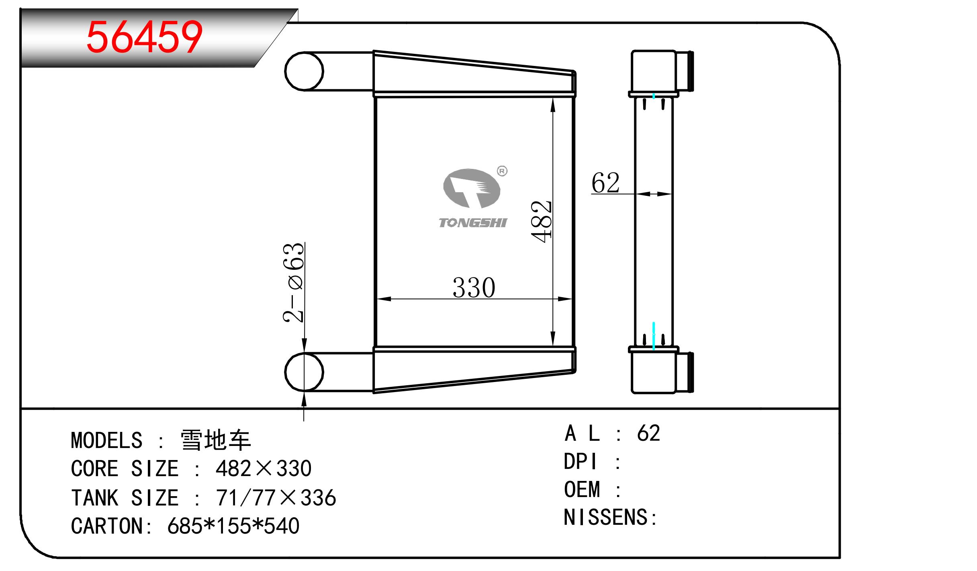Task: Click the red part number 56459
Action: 144,37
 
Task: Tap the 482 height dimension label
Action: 542,222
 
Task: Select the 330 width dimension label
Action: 474,288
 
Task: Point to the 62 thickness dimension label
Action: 605,183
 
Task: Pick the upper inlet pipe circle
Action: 304,71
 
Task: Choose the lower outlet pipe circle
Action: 304,372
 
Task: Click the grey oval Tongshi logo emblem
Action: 472,188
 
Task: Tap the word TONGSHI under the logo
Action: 473,223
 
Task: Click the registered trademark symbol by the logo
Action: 502,171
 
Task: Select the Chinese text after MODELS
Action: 216,440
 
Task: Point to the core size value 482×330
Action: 264,468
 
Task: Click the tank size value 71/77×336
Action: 276,497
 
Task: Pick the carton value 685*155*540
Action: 233,526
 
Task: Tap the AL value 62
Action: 648,433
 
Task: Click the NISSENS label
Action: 609,517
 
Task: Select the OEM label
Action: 582,489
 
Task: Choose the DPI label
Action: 580,461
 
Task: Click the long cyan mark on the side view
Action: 654,336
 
